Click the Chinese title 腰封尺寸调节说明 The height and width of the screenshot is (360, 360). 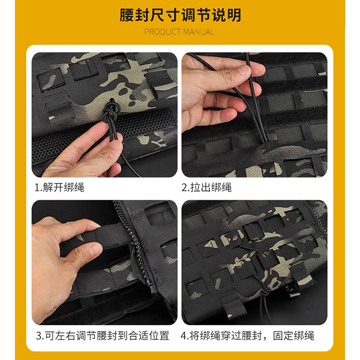[x=180, y=15]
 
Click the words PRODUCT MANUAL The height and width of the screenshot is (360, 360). [x=180, y=32]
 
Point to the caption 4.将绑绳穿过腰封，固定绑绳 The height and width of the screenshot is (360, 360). [x=248, y=336]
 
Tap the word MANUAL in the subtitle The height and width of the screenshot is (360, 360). [x=198, y=32]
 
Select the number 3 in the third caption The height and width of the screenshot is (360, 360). [x=39, y=336]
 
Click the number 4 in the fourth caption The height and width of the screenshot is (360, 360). [x=184, y=336]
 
